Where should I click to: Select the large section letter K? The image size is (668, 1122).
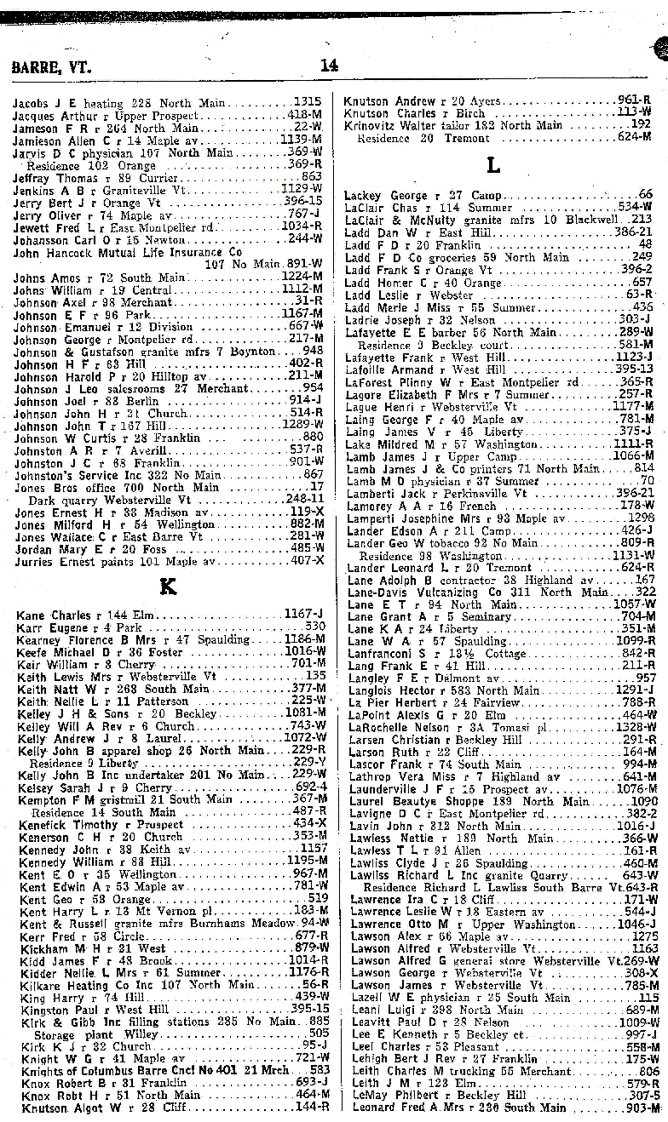pyautogui.click(x=167, y=586)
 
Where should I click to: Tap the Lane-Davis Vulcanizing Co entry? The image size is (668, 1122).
pyautogui.click(x=460, y=592)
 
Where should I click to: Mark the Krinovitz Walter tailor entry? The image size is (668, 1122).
pyautogui.click(x=452, y=124)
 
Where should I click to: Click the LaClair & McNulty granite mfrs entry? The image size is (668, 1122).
pyautogui.click(x=469, y=220)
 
